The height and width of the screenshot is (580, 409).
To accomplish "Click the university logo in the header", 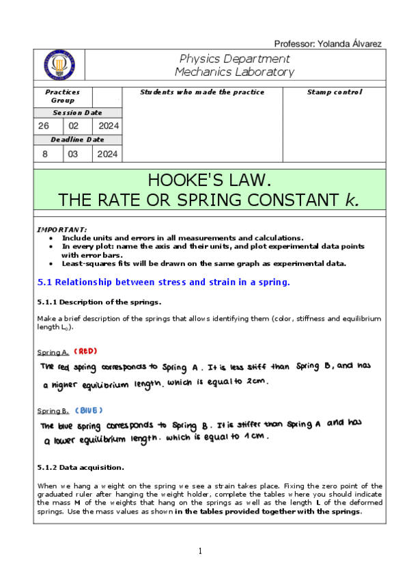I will pyautogui.click(x=59, y=65).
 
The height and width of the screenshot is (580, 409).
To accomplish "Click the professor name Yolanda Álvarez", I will pyautogui.click(x=327, y=44).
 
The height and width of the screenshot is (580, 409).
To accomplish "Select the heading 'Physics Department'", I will pyautogui.click(x=234, y=59).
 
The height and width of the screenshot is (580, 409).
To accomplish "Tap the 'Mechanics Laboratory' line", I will pyautogui.click(x=234, y=72).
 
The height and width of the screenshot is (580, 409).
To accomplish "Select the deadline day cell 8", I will pyautogui.click(x=45, y=154).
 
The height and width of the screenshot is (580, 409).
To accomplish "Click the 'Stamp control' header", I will pyautogui.click(x=335, y=92).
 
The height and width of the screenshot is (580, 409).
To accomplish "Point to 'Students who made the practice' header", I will pyautogui.click(x=202, y=92).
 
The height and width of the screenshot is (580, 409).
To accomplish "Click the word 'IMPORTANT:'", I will pyautogui.click(x=61, y=230).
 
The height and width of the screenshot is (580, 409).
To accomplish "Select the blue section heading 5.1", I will pyautogui.click(x=163, y=282).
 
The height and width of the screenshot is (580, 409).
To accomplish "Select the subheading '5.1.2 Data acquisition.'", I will pyautogui.click(x=80, y=468).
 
